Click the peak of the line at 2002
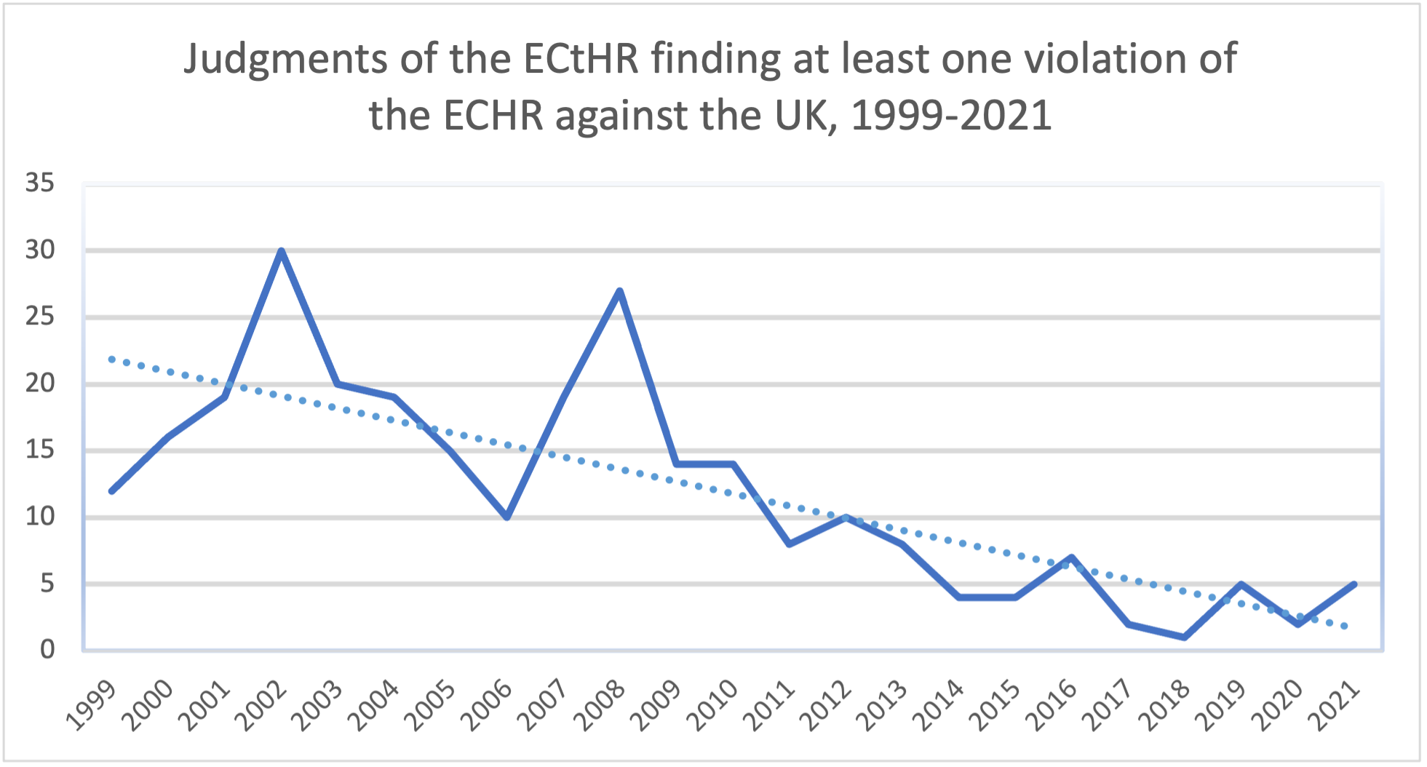click(281, 251)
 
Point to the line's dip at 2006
click(507, 517)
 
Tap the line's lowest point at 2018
click(1185, 637)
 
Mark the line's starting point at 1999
click(111, 491)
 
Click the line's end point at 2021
click(1354, 584)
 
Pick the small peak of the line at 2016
click(1072, 557)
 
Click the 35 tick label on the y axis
click(40, 183)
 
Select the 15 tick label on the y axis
click(40, 450)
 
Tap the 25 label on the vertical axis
click(40, 317)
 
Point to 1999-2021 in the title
click(951, 115)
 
